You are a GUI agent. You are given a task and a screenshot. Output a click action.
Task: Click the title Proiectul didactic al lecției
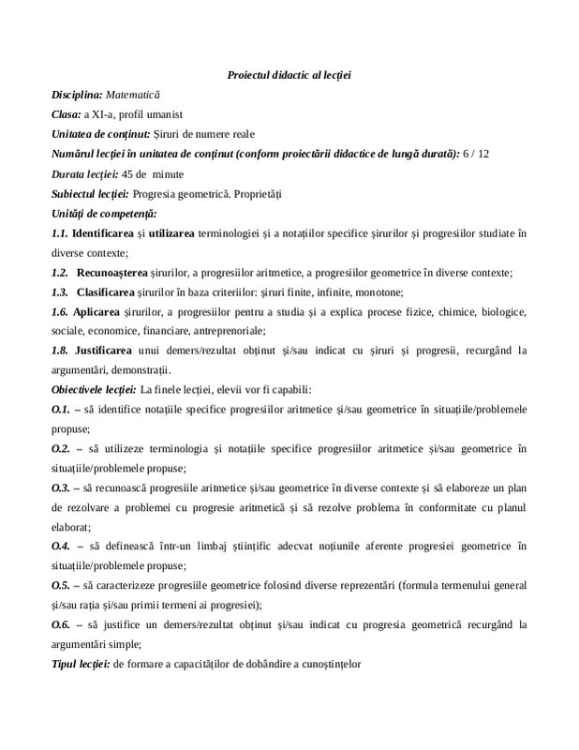[x=289, y=75]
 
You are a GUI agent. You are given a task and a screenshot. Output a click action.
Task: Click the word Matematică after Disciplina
[x=133, y=95]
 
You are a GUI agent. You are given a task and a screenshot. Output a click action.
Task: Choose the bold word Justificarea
[x=110, y=350]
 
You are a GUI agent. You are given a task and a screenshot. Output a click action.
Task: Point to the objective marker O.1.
[x=61, y=409]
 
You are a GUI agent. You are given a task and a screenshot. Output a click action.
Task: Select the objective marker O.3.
[x=61, y=487]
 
